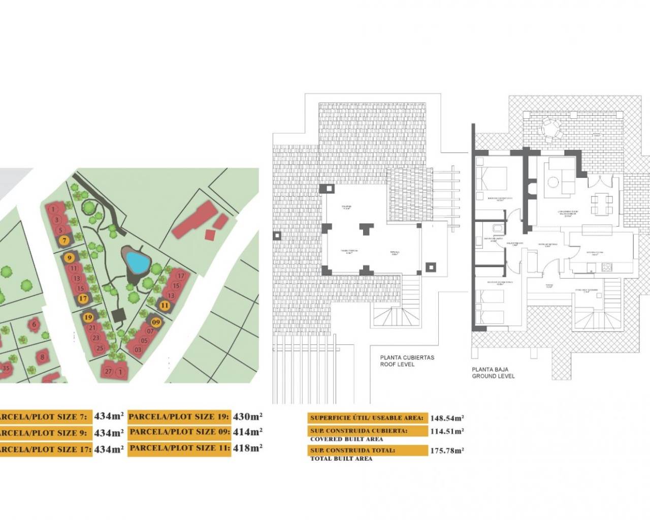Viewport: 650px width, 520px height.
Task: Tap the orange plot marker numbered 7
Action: (64, 240)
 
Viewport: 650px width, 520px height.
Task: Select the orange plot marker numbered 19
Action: (88, 317)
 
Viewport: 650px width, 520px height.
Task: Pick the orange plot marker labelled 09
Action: (156, 322)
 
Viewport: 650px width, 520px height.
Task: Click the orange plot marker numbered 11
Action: (165, 305)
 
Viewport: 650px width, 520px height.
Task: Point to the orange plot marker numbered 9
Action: (70, 258)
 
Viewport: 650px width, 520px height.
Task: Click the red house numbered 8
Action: (43, 356)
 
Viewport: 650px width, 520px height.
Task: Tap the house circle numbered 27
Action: (109, 371)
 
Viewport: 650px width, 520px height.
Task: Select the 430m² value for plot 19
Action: (247, 416)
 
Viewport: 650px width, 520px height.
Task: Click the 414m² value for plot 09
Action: (247, 432)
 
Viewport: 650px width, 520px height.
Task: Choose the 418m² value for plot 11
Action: (247, 448)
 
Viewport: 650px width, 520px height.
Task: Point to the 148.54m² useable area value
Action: (447, 418)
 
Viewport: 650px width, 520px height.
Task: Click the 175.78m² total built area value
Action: (447, 450)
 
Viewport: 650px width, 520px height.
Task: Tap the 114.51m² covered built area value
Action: (447, 431)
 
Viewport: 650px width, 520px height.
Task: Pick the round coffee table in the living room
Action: (552, 181)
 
